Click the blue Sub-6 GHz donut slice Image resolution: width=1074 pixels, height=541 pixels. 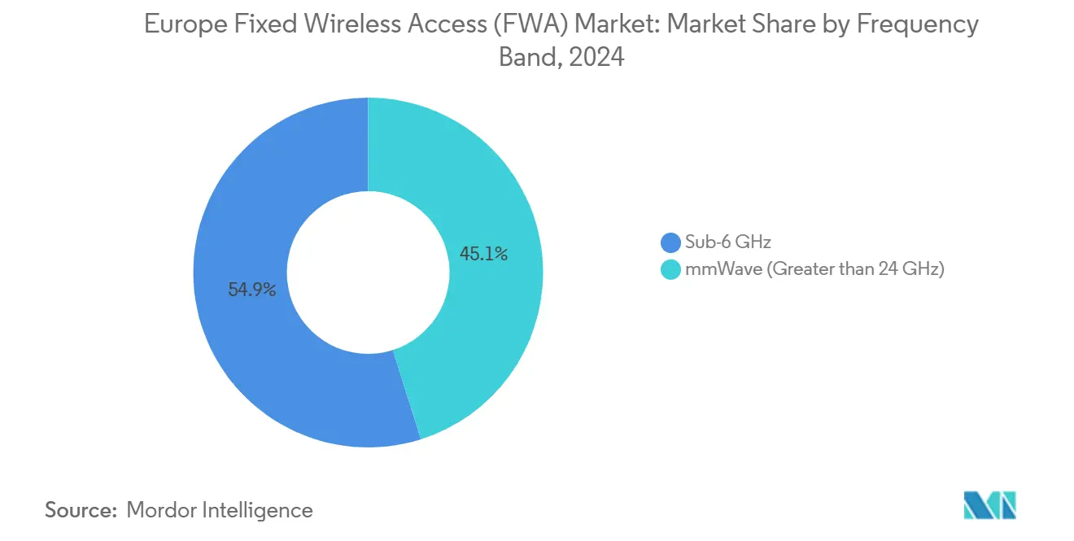(x=244, y=342)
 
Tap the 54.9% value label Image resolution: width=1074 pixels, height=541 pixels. (x=252, y=290)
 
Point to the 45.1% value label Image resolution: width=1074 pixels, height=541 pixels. (x=483, y=254)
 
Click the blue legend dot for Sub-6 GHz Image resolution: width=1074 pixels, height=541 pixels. (x=670, y=242)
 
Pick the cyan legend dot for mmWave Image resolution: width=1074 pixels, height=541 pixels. (x=670, y=270)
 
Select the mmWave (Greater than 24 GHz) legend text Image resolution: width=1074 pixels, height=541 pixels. (x=814, y=270)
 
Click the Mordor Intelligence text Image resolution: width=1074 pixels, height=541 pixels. (x=220, y=510)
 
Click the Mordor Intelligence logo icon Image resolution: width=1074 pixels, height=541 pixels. (x=989, y=505)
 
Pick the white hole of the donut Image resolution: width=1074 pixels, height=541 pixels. (x=368, y=272)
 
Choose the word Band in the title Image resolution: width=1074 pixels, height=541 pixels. (x=526, y=58)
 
